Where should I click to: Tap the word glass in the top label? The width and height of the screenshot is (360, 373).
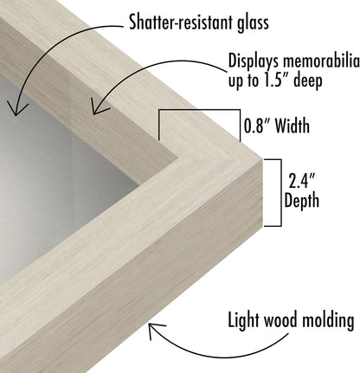click(x=253, y=23)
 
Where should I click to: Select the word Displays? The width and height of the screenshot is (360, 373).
click(x=254, y=62)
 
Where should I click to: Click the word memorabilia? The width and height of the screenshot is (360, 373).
click(x=321, y=61)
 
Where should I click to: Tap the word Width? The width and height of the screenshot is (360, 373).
click(x=292, y=125)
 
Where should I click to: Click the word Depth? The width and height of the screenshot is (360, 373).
click(x=302, y=201)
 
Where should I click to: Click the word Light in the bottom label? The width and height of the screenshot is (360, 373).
click(x=245, y=320)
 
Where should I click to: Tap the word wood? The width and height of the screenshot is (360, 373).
click(x=281, y=319)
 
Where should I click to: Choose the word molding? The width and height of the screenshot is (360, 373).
click(x=328, y=320)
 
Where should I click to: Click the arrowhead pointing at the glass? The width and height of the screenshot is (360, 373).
click(x=16, y=110)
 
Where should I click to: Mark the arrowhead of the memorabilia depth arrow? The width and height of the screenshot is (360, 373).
click(x=98, y=108)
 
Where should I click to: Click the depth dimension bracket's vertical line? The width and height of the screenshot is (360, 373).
click(x=281, y=193)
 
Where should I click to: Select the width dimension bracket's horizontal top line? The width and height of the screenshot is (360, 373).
click(x=199, y=110)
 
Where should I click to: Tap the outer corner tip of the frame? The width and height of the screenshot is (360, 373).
click(x=262, y=159)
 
